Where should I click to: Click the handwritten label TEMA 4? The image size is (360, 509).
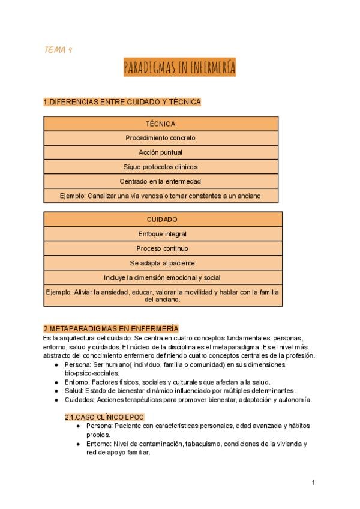pos(58,50)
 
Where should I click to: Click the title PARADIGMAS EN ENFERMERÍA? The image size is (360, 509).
pos(179,67)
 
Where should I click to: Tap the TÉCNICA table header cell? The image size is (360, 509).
pos(161,124)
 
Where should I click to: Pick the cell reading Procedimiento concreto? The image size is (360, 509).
pos(161,138)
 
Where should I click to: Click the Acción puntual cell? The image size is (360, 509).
pos(161,152)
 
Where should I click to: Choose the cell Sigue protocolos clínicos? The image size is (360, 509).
pos(161,167)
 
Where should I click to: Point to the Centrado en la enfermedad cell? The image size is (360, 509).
pos(161,181)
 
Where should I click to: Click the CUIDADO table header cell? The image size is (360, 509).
pos(162,220)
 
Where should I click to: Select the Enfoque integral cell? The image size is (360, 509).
pos(162,234)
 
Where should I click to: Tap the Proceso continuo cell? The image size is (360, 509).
pos(162,248)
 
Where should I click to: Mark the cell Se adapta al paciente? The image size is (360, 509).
pos(162,263)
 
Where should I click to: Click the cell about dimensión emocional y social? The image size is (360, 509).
pos(162,277)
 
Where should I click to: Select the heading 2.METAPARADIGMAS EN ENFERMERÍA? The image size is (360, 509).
pos(111,329)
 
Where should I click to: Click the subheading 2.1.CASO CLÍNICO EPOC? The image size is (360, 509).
pos(104,417)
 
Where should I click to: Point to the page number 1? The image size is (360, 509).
pos(313,483)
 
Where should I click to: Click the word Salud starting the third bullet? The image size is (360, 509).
pos(74,390)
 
